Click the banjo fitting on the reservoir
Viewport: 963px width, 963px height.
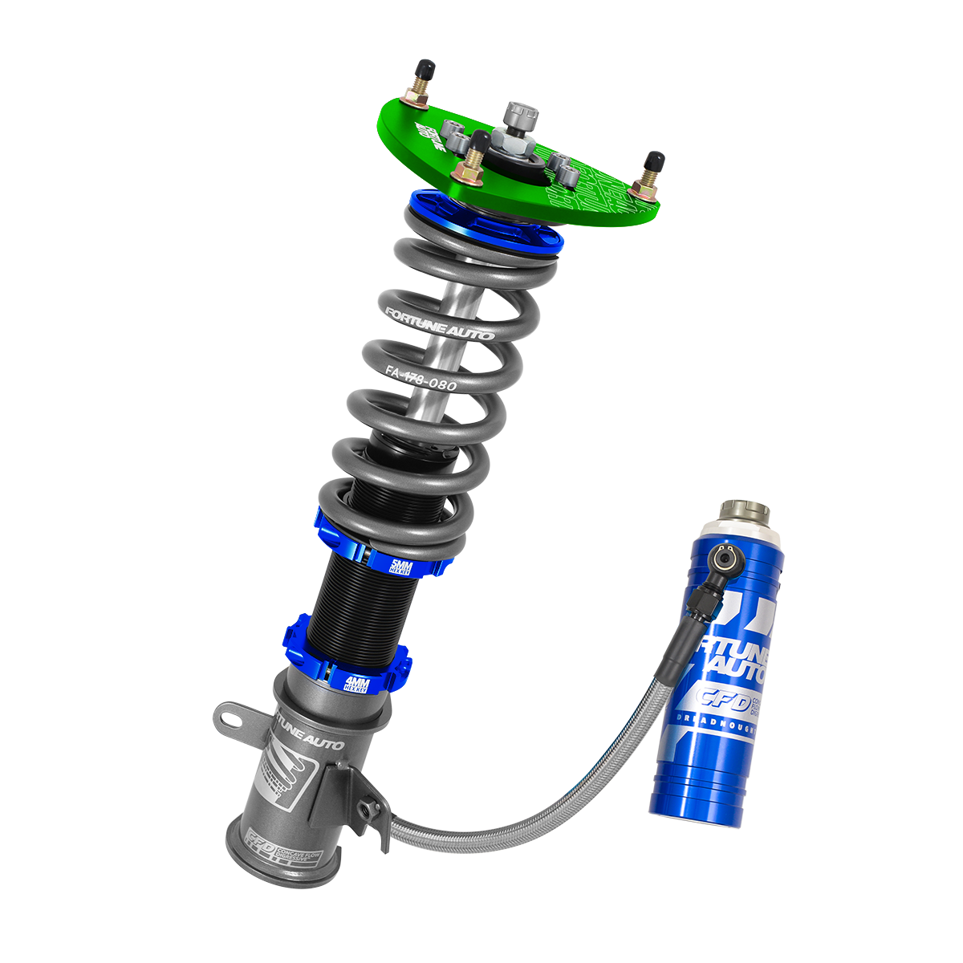pos(725,555)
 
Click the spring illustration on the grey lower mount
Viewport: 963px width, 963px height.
pos(277,770)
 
